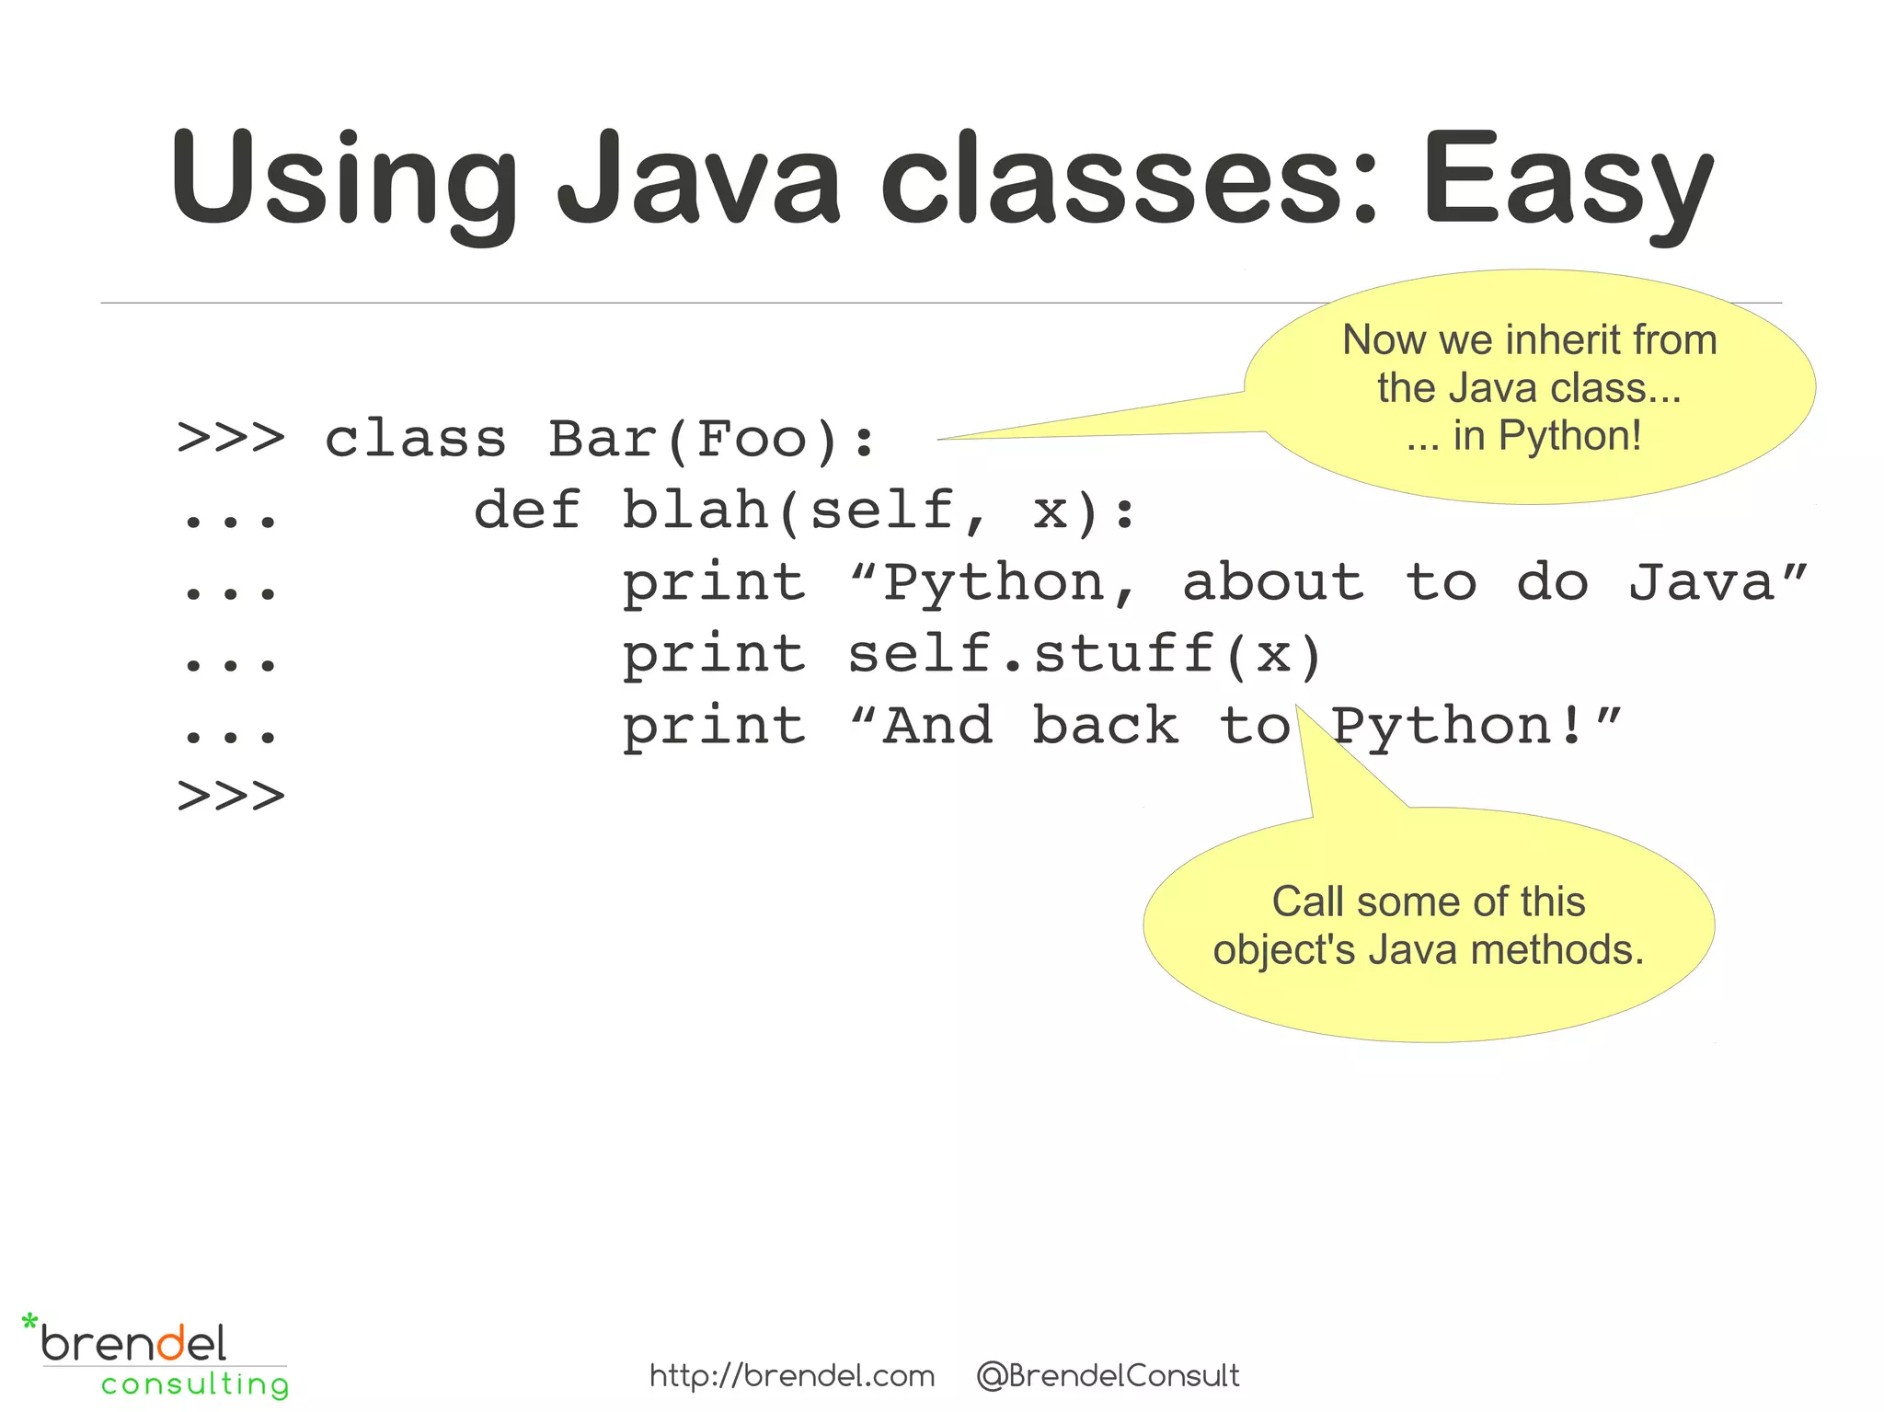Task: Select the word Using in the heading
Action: [x=343, y=179]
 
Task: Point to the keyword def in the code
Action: [x=527, y=511]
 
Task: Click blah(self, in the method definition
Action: [x=804, y=511]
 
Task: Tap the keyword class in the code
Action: [x=415, y=439]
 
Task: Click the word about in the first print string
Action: [x=1272, y=583]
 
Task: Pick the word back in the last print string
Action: [x=1104, y=727]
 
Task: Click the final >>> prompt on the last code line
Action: [x=231, y=797]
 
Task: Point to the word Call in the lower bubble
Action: [x=1308, y=902]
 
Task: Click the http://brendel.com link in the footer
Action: [x=792, y=1376]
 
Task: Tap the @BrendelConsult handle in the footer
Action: [x=1108, y=1376]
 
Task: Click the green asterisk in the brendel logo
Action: [x=30, y=1324]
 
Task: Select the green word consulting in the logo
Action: [x=195, y=1384]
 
